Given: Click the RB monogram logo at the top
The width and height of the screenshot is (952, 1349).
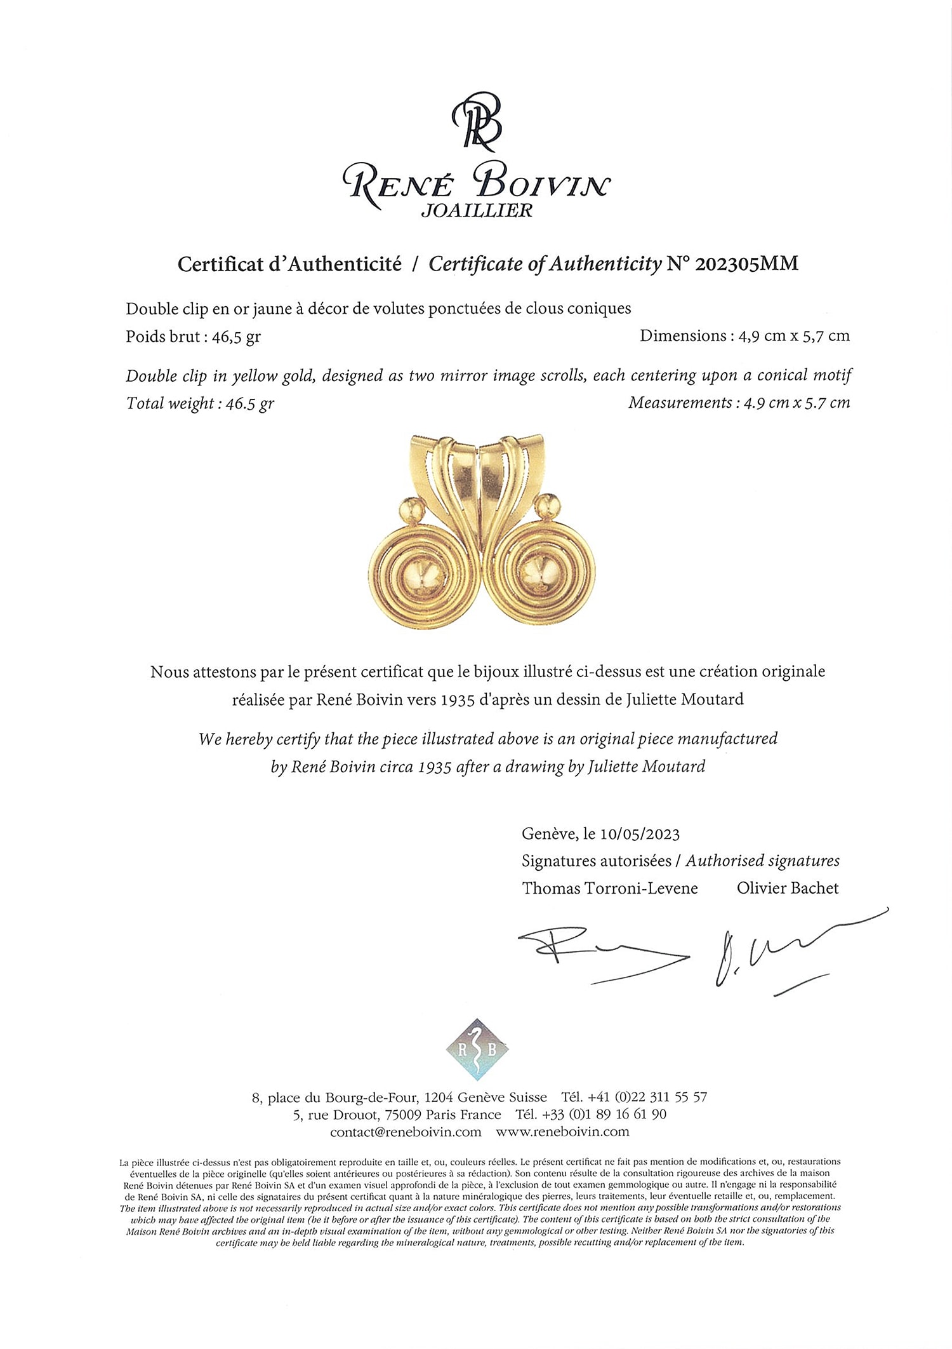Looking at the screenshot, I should pyautogui.click(x=477, y=123).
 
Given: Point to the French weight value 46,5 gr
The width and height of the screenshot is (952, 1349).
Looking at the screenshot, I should pyautogui.click(x=241, y=337).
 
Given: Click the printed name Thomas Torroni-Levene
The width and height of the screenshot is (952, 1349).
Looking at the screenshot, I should pyautogui.click(x=610, y=889).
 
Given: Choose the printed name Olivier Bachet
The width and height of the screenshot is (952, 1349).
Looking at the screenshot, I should pyautogui.click(x=788, y=889).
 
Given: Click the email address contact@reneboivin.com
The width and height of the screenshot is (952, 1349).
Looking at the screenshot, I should pyautogui.click(x=406, y=1132).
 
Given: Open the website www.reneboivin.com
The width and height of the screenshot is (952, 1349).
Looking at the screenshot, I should pyautogui.click(x=562, y=1132).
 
